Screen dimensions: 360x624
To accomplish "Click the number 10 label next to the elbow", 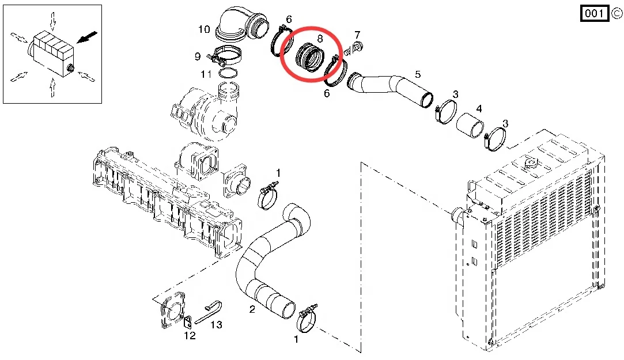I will click(204, 29).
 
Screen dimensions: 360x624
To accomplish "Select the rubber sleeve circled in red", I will click(310, 58).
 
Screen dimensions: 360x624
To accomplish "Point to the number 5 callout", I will click(418, 74).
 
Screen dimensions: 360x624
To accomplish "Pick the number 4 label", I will click(479, 108).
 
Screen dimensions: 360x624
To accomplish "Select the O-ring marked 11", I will click(229, 73).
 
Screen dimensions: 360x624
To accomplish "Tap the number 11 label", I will click(206, 75).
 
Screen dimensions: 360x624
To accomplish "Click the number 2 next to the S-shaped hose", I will click(252, 310).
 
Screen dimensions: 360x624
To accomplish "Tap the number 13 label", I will click(216, 325).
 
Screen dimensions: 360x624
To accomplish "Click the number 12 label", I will click(190, 336).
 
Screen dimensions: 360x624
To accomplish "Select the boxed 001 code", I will click(593, 14).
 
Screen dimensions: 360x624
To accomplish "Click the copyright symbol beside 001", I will click(615, 14).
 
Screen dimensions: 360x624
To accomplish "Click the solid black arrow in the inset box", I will click(87, 38).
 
